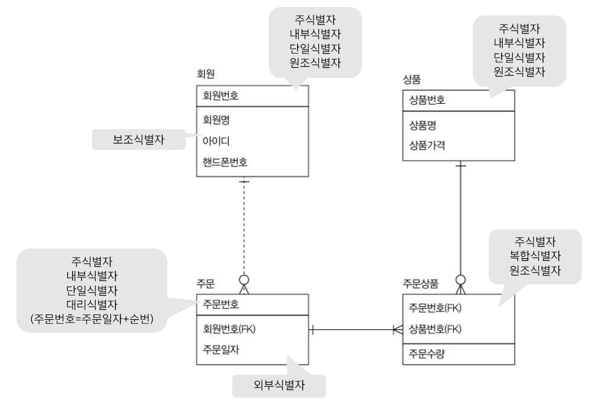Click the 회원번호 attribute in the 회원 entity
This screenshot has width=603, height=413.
[x=220, y=96]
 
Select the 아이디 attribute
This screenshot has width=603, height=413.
[x=216, y=141]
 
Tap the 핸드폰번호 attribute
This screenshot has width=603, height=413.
[x=225, y=162]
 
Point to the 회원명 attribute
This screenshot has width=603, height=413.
[x=216, y=120]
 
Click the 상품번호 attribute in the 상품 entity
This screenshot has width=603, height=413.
[x=427, y=100]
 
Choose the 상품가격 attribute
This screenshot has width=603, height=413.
[x=427, y=145]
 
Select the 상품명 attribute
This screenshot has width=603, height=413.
[x=422, y=124]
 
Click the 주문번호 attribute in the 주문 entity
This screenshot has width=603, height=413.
[x=220, y=304]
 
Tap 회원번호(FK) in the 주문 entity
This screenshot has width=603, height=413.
[x=229, y=329]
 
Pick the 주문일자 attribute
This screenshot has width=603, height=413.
[x=220, y=349]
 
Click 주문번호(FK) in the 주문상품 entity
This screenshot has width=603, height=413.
[x=435, y=307]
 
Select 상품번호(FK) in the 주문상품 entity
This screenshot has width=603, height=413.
[x=435, y=329]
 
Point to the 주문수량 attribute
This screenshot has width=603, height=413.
[x=427, y=353]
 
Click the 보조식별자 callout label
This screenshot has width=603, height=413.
[x=139, y=139]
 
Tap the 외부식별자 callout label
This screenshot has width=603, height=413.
[x=279, y=385]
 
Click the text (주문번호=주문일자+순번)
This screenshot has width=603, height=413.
[x=92, y=319]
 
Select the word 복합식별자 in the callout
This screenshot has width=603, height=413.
[x=535, y=255]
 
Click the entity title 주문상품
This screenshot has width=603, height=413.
[x=420, y=284]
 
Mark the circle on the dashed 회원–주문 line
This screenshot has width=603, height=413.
[x=244, y=280]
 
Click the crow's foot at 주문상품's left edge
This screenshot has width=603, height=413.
[x=398, y=330]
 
